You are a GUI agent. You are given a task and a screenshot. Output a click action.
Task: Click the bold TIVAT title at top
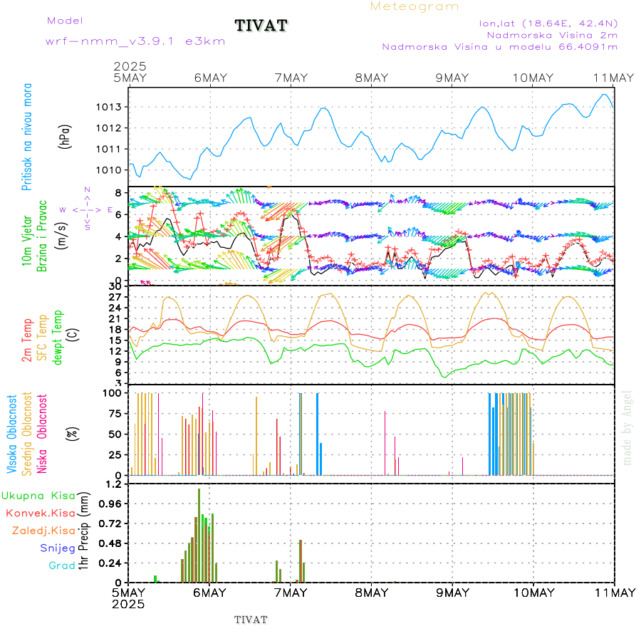click(x=261, y=26)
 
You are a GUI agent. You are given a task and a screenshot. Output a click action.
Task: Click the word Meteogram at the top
click(x=415, y=6)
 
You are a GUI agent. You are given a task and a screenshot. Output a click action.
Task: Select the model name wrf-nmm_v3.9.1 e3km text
click(x=135, y=41)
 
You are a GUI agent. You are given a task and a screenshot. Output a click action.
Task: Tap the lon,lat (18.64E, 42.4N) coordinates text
click(x=548, y=23)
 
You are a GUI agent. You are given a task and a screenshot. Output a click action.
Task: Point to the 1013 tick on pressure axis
click(x=114, y=107)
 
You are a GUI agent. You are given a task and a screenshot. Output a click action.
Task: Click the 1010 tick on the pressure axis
click(x=114, y=170)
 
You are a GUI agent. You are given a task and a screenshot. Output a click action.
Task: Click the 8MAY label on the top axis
click(x=370, y=78)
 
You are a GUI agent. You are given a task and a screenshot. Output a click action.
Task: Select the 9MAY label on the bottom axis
click(x=451, y=593)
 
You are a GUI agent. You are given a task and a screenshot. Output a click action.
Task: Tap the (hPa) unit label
click(x=66, y=137)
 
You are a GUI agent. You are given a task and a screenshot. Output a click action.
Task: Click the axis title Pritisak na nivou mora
click(x=27, y=137)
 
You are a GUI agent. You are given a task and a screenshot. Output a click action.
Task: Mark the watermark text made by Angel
click(x=627, y=427)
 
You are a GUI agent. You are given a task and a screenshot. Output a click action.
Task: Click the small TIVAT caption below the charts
click(x=251, y=620)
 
